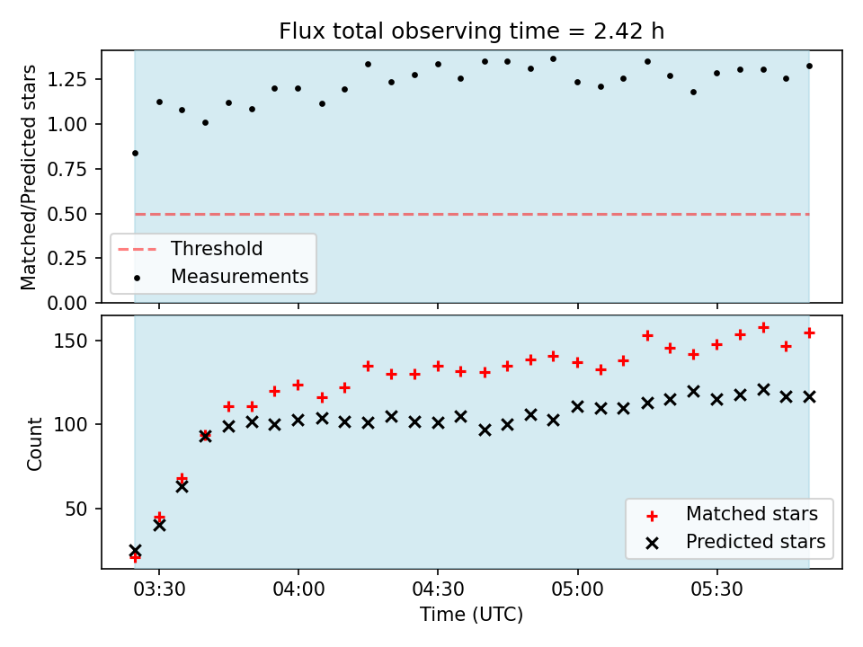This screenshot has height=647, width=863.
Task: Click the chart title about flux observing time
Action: pos(472,31)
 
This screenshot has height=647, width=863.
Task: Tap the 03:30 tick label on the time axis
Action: pos(160,589)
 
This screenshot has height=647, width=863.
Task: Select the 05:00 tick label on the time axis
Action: pos(578,589)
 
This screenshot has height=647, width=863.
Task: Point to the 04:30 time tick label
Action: pos(438,589)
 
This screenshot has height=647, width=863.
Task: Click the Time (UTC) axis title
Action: pos(472,614)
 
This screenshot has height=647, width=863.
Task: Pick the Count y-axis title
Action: pos(35,444)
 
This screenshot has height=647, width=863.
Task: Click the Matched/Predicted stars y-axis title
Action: pos(28,177)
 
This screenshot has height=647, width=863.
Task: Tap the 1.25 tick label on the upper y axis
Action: pos(67,80)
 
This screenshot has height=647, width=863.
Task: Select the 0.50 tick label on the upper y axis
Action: pos(67,214)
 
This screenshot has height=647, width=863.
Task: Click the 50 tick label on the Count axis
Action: pos(77,509)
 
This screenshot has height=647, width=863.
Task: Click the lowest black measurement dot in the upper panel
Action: pos(136,154)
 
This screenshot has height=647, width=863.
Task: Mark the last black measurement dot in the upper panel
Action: pos(810,66)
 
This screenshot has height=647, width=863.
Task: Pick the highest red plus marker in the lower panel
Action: pos(763,328)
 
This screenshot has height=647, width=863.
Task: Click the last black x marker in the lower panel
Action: pos(810,396)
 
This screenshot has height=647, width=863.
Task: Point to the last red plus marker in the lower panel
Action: pos(810,332)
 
